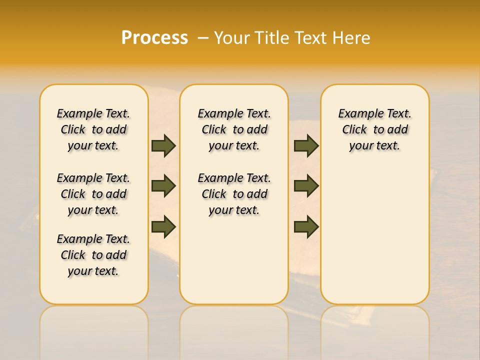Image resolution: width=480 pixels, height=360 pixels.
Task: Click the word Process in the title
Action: click(x=154, y=38)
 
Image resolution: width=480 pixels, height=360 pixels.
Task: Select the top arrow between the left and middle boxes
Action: click(x=163, y=145)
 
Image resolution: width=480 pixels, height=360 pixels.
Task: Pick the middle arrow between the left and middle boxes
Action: click(x=163, y=186)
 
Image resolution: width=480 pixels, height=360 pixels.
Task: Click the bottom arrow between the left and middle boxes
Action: click(x=163, y=226)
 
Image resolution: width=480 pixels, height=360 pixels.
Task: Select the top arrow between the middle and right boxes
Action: click(x=306, y=145)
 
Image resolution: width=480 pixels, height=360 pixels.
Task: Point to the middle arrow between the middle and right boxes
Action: click(x=306, y=186)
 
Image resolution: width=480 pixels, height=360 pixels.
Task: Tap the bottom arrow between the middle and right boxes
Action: click(x=306, y=226)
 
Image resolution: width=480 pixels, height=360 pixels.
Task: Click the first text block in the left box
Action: click(x=93, y=129)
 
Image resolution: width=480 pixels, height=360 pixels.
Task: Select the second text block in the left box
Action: click(x=93, y=194)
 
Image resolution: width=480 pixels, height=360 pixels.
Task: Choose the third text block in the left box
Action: click(x=93, y=255)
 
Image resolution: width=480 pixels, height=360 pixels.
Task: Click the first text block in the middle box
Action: click(x=234, y=129)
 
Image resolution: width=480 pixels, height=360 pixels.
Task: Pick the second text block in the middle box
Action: click(x=234, y=194)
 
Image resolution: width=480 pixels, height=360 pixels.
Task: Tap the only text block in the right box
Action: click(x=374, y=129)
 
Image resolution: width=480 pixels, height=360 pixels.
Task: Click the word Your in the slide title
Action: click(x=230, y=38)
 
